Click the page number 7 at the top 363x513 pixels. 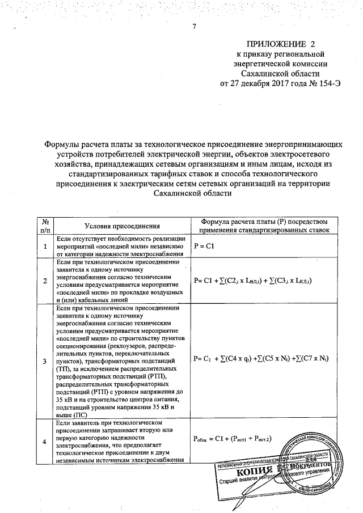click(194, 27)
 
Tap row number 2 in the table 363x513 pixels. click(45, 281)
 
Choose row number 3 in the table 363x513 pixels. click(45, 361)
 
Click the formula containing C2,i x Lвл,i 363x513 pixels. click(254, 281)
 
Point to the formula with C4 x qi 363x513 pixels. click(261, 359)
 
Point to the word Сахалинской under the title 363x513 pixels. click(183, 193)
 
